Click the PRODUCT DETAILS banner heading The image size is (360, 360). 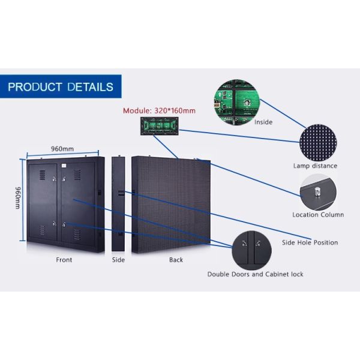tap(60, 87)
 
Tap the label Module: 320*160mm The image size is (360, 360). tap(159, 111)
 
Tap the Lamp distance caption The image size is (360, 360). tap(315, 166)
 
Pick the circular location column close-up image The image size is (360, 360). tap(317, 191)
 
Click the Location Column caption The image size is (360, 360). tap(318, 215)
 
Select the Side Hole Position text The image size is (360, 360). tap(310, 242)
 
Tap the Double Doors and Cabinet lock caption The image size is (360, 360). tap(255, 274)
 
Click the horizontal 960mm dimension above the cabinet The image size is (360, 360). tap(62, 149)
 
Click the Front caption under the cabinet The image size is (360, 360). tap(64, 260)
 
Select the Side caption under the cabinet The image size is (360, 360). tap(118, 260)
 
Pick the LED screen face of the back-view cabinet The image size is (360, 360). tap(171, 204)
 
